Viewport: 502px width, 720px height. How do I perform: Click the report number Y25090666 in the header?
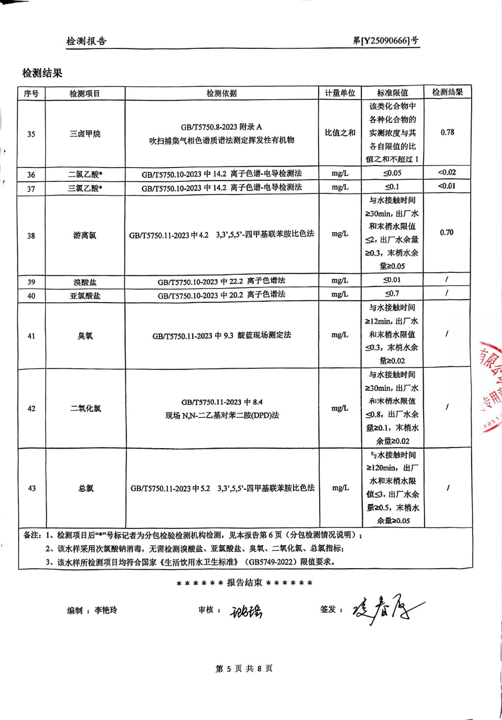(x=386, y=41)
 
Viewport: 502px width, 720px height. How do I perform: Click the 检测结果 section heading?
(x=42, y=73)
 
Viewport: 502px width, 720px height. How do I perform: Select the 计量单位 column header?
(x=340, y=93)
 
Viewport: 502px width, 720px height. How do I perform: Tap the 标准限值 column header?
(x=392, y=93)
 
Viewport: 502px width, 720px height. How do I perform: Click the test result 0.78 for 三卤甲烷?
(x=447, y=132)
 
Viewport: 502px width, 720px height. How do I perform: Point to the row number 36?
(x=31, y=175)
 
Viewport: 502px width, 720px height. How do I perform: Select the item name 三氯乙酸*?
(x=85, y=188)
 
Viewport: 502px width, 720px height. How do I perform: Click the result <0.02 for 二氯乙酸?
(x=447, y=172)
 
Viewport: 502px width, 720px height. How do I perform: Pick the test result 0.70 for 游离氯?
(x=447, y=233)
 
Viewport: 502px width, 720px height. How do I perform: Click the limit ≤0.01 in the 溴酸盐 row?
(x=392, y=280)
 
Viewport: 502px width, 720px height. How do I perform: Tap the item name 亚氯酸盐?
(x=85, y=296)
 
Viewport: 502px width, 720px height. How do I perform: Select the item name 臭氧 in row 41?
(x=85, y=336)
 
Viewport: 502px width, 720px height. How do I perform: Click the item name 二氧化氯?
(x=85, y=408)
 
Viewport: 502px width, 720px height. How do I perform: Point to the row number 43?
(x=32, y=488)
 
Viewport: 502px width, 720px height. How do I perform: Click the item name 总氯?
(x=86, y=488)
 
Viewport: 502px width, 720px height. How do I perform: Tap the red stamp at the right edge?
(x=491, y=387)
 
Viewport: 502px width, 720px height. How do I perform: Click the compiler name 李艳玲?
(x=106, y=610)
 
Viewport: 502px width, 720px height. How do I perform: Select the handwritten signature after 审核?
(x=246, y=611)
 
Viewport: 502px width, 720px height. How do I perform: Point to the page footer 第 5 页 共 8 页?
(x=244, y=669)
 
